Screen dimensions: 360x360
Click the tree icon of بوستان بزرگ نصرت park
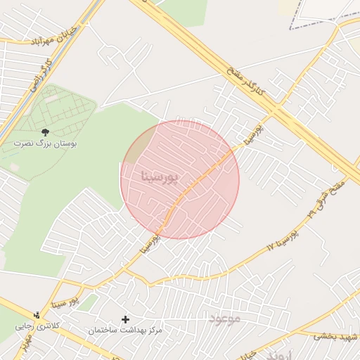click(46, 131)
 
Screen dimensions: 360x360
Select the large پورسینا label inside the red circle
click(160, 176)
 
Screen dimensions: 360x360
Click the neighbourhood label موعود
click(224, 319)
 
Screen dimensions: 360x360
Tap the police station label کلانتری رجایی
click(53, 327)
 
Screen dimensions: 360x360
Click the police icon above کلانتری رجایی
click(37, 314)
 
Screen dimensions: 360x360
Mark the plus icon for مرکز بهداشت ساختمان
click(126, 319)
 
